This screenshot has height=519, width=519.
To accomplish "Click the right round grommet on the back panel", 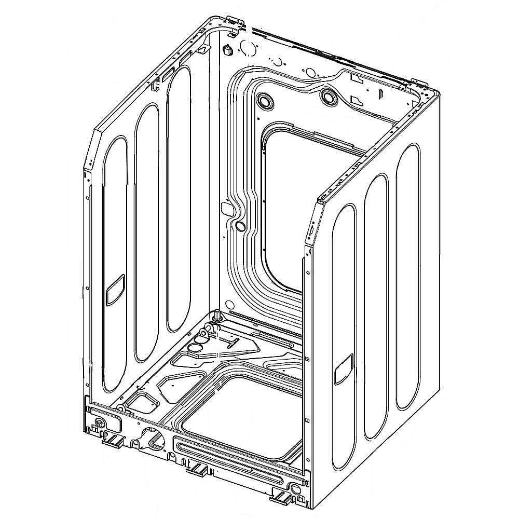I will click(x=329, y=96).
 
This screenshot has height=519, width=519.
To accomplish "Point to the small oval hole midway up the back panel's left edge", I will click(x=240, y=226).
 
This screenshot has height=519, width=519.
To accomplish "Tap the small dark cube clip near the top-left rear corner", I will click(x=227, y=51).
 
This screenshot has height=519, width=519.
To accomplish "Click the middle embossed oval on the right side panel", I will click(x=376, y=306).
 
